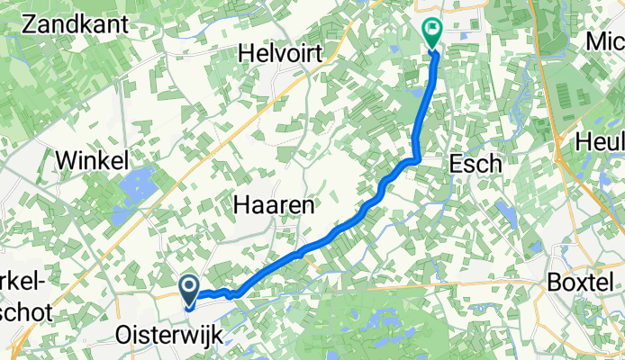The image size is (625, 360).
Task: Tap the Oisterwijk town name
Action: [168, 335]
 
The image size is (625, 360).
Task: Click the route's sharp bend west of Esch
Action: [416, 159]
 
